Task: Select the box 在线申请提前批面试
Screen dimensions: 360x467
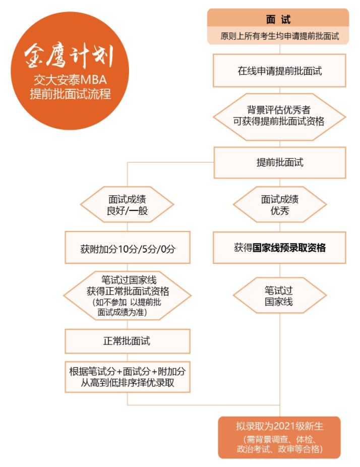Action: point(279,71)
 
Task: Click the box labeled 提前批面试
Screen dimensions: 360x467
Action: point(280,162)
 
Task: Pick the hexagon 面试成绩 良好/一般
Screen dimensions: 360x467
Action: point(127,205)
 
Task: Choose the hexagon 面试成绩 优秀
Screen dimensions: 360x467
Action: point(280,205)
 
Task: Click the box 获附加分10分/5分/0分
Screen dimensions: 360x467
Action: point(128,248)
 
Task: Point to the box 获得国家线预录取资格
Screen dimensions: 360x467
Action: point(279,248)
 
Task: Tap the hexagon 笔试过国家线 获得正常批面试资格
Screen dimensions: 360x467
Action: point(128,296)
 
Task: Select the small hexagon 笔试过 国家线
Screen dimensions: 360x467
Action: point(280,296)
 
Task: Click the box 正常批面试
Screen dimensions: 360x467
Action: point(128,341)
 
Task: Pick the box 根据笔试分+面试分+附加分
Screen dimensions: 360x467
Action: point(128,377)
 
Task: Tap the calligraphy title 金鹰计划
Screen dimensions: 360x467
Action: point(69,55)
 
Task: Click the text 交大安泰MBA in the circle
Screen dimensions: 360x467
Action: point(70,80)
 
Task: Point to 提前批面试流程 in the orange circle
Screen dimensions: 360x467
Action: point(70,94)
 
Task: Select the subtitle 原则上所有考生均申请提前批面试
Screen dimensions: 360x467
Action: point(280,36)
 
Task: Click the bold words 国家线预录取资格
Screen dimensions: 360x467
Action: point(289,248)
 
